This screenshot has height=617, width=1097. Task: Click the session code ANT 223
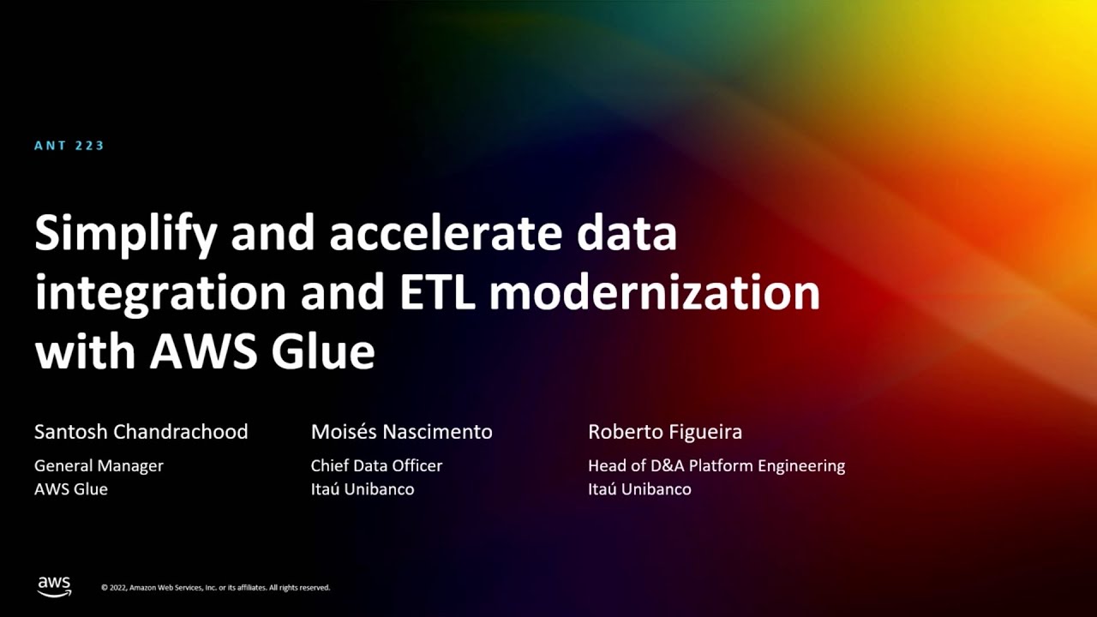(x=69, y=146)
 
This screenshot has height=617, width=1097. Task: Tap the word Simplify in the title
(x=126, y=235)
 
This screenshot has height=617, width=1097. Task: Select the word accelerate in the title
(x=445, y=234)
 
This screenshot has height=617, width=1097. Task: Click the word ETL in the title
(x=437, y=293)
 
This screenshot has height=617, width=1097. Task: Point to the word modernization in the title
(x=655, y=292)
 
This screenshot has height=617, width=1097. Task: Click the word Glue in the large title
(x=323, y=351)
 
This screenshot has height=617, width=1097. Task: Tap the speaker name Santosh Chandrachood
(x=141, y=432)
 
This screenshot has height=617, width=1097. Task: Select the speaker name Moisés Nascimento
(x=402, y=432)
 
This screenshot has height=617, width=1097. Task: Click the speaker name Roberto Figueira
(x=665, y=432)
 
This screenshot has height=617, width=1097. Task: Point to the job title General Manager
(x=99, y=465)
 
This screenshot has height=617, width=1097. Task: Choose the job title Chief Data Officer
(x=376, y=465)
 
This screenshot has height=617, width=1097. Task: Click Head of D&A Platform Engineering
(x=716, y=465)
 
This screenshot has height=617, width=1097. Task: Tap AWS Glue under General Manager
(x=71, y=489)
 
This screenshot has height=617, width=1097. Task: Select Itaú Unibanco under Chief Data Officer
(x=363, y=489)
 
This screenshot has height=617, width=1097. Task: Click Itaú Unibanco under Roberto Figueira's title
(x=639, y=489)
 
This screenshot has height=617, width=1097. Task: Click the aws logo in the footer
(x=54, y=587)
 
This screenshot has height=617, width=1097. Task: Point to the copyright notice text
(x=215, y=588)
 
